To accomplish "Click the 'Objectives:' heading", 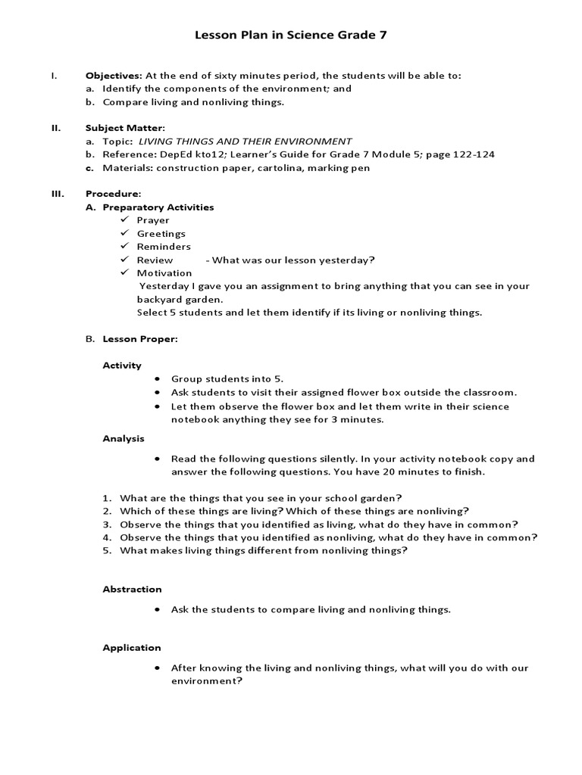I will point(114,76).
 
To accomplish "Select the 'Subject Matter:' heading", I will point(125,128).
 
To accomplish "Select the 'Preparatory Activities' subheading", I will point(158,207).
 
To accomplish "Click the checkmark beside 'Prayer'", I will point(125,219).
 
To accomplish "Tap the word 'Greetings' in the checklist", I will point(161,233).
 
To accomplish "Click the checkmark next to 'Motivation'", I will point(125,272).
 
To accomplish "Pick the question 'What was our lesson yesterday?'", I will point(294,260).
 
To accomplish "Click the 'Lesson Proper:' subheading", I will point(140,339).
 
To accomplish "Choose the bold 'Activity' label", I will point(122,366).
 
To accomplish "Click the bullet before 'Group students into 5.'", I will point(157,379).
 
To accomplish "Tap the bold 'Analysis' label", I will point(124,438).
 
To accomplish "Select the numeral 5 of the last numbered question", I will point(107,551).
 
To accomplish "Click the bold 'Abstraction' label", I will point(133,589).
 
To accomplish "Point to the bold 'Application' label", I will point(132,648).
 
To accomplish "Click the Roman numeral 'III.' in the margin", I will point(57,194).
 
